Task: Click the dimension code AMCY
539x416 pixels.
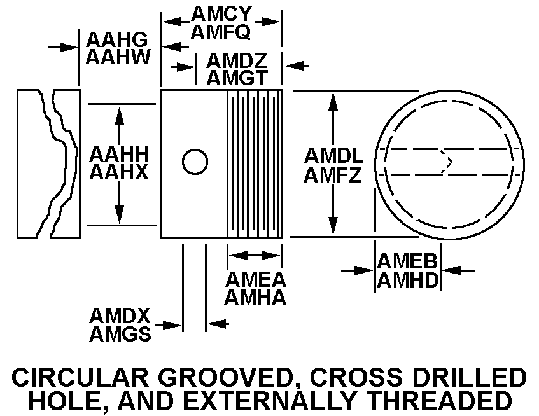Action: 221,14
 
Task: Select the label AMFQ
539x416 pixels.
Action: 221,32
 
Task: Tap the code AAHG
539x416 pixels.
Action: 117,40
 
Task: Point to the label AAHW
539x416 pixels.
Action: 118,57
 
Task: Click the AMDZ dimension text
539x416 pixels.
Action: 237,61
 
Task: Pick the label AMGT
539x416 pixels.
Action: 237,78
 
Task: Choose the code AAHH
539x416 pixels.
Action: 119,154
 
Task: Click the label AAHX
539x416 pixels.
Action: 119,172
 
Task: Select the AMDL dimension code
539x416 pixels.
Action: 334,156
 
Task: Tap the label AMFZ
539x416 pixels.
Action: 333,174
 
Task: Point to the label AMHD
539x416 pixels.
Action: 408,280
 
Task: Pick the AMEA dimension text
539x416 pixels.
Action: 256,279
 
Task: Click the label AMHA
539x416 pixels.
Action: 255,297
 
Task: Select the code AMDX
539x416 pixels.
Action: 120,315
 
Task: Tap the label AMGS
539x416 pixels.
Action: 120,334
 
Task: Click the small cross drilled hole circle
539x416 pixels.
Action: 195,149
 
